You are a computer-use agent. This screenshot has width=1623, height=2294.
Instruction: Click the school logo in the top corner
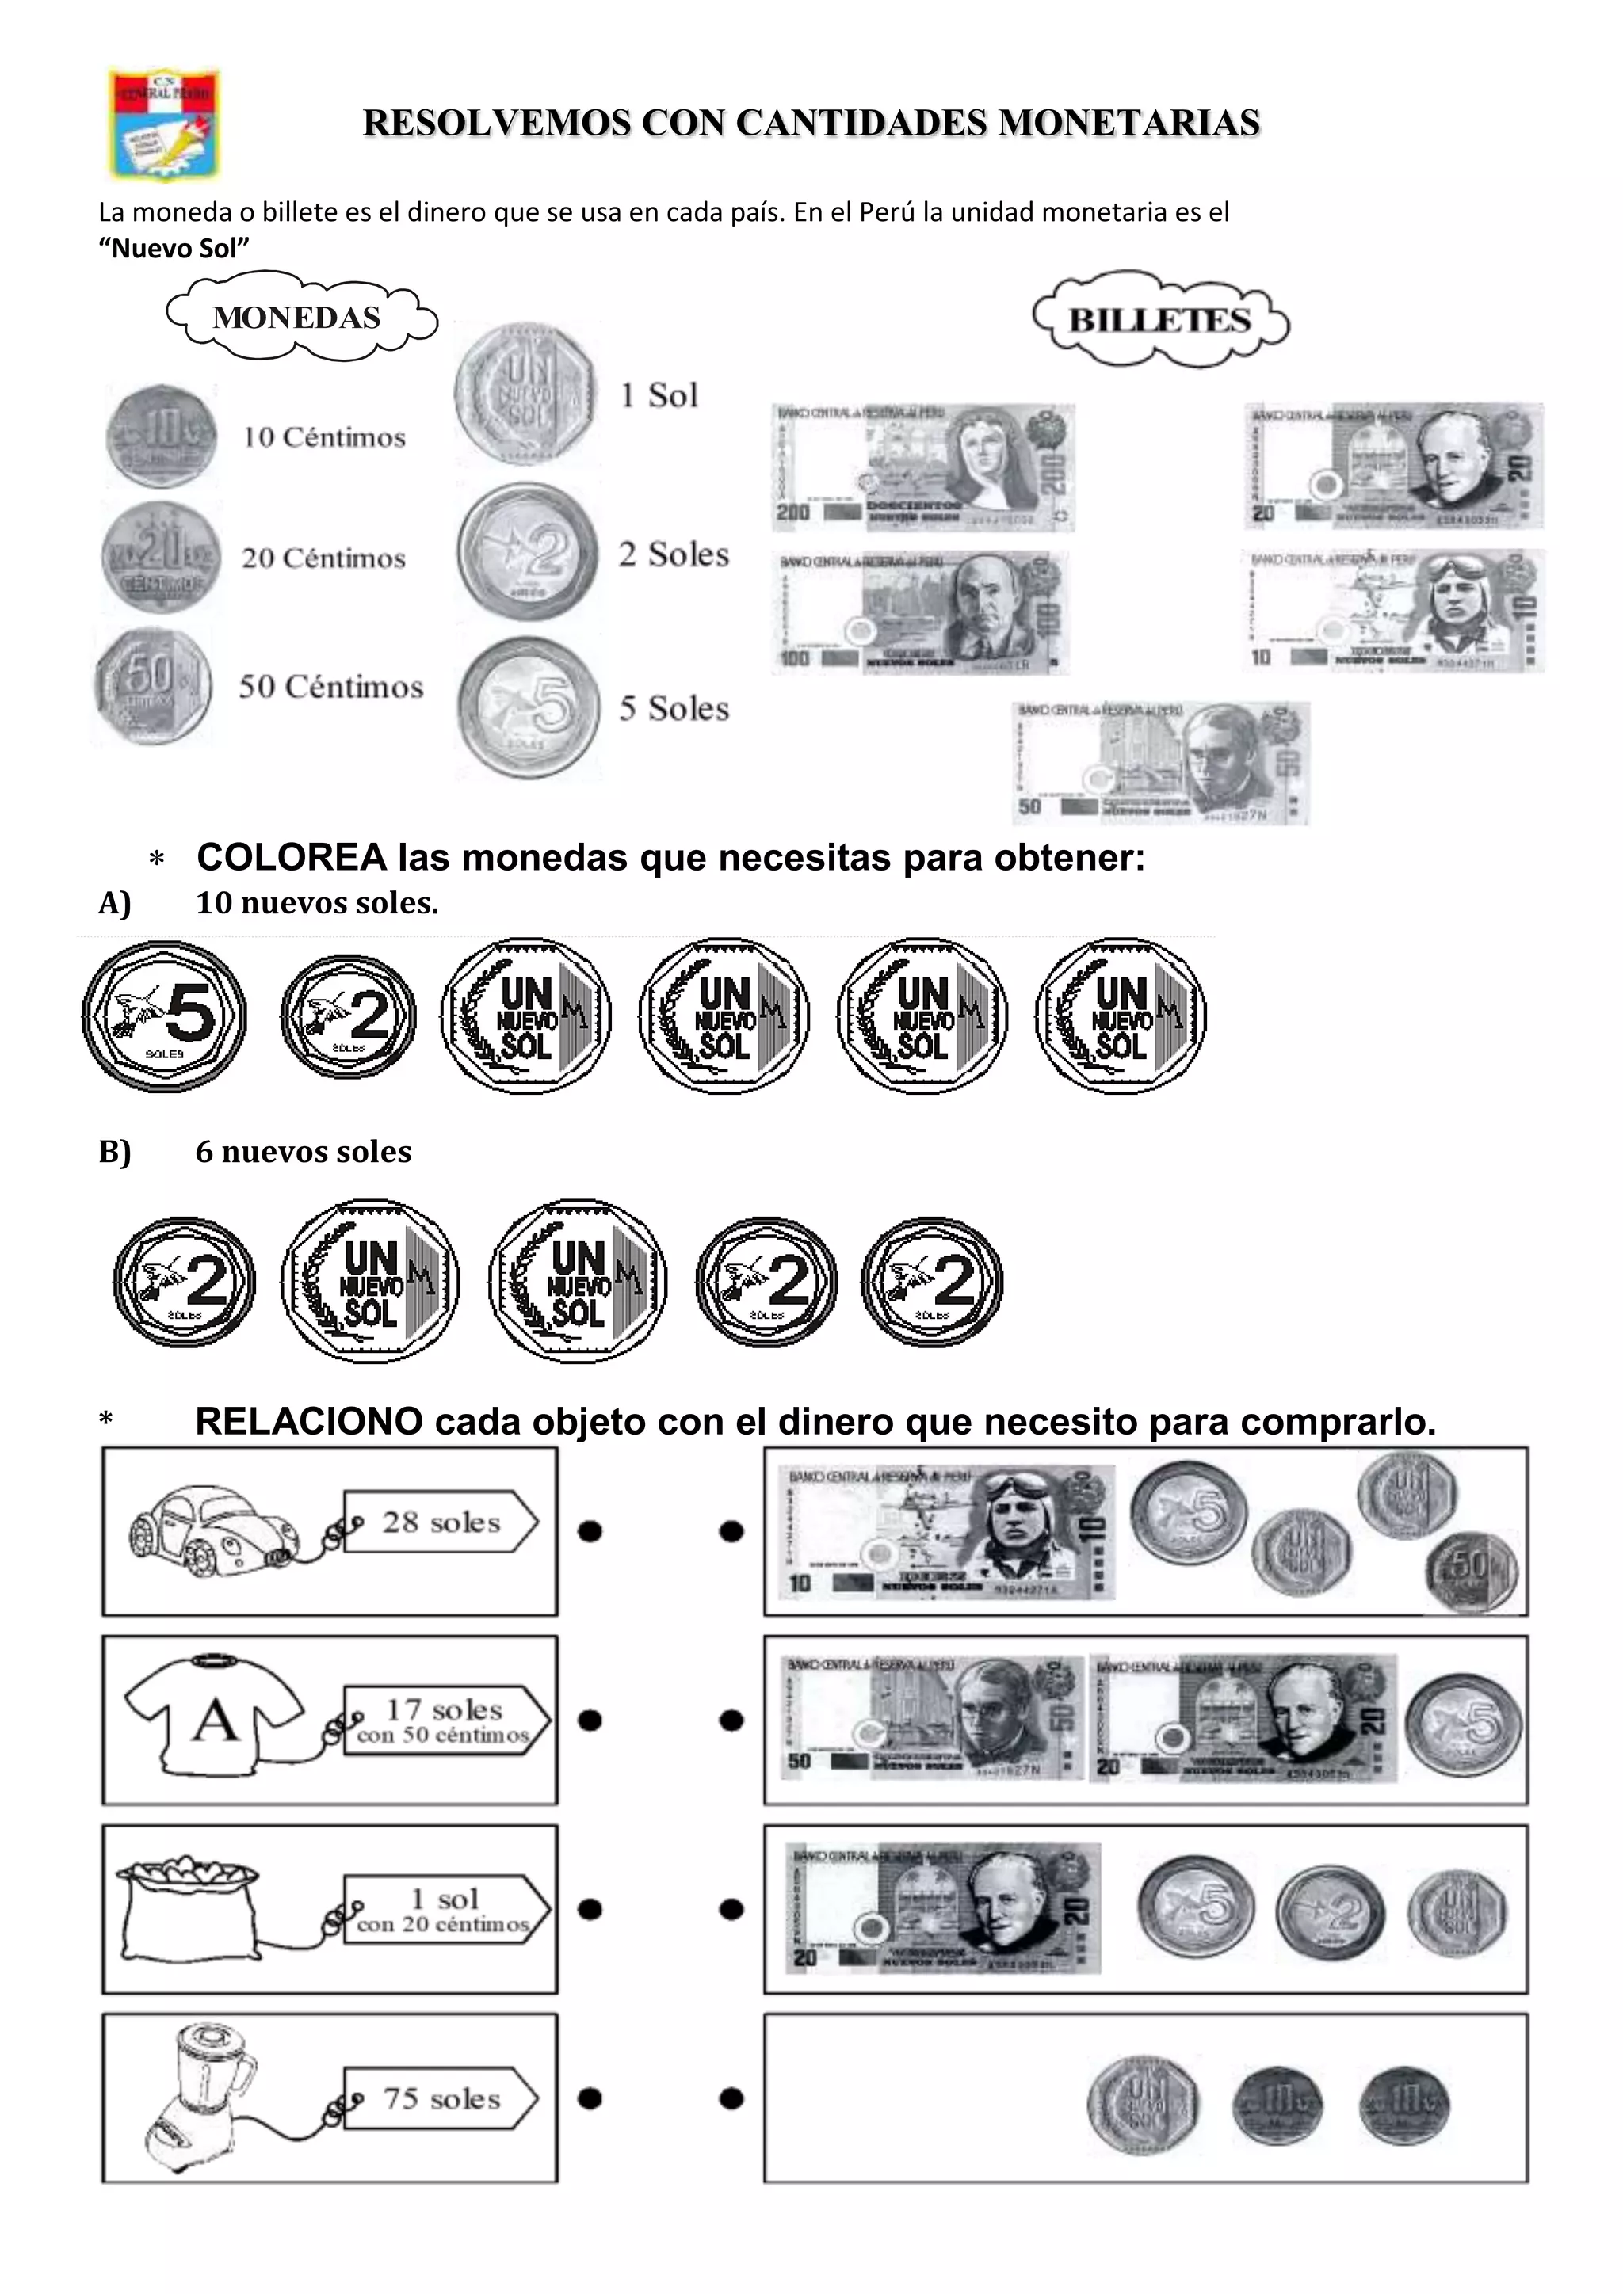click(164, 124)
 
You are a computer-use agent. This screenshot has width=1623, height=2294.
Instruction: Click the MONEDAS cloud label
click(298, 318)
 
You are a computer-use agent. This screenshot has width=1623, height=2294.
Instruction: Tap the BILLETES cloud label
click(1159, 320)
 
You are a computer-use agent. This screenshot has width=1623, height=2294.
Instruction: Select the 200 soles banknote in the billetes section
click(922, 467)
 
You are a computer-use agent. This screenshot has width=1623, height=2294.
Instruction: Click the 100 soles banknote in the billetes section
click(918, 612)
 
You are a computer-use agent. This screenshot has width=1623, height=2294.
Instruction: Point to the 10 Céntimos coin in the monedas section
click(161, 436)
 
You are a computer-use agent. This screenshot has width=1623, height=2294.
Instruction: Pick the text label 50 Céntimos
click(330, 688)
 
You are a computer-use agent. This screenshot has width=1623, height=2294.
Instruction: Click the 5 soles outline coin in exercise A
click(164, 1016)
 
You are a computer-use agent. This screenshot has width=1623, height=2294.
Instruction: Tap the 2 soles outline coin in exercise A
click(349, 1016)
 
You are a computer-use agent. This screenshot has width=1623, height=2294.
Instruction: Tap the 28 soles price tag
click(441, 1522)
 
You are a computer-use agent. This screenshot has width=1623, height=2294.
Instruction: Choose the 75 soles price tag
click(441, 2098)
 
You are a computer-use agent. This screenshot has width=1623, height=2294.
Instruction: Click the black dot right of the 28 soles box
click(590, 1530)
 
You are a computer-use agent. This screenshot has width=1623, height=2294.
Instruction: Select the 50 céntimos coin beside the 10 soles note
click(1470, 1572)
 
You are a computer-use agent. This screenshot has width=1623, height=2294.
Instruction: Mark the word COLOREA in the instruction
click(292, 857)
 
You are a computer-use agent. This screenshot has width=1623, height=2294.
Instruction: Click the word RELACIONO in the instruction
click(309, 1422)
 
